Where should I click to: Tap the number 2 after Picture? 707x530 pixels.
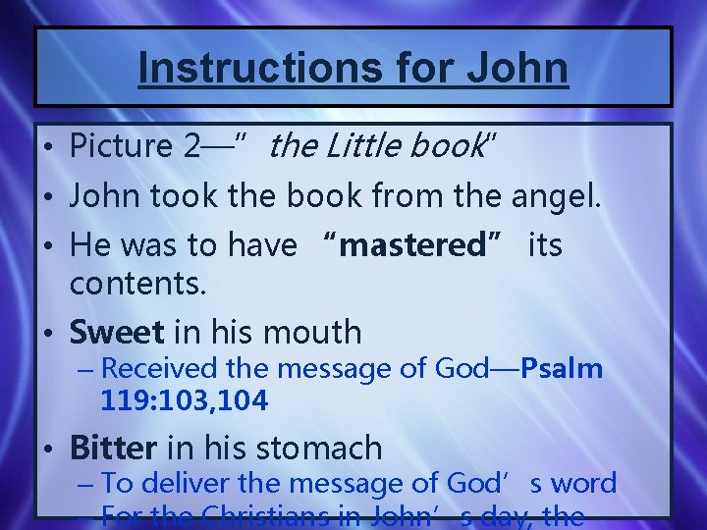194,146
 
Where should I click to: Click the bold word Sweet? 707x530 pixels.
116,332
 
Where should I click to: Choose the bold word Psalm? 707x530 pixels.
562,369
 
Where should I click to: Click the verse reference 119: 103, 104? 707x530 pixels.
184,399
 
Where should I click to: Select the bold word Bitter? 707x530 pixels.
112,448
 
